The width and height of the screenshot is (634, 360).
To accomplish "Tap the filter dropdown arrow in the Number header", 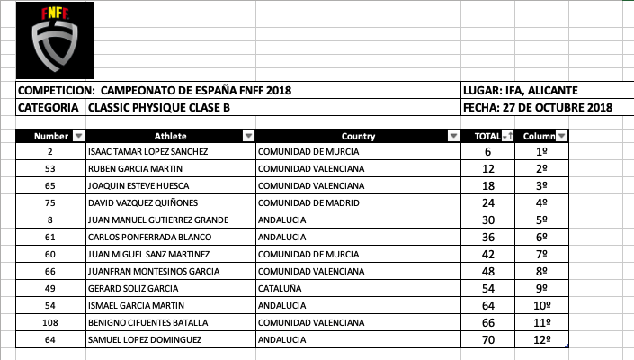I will (77, 136).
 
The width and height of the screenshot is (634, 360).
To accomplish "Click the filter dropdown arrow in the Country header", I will (452, 136).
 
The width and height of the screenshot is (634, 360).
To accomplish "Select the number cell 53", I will (50, 169).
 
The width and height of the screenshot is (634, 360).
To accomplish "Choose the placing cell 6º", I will (542, 237).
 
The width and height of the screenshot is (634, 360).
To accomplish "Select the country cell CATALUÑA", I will (281, 289).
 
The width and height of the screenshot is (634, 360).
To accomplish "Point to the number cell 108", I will (50, 322).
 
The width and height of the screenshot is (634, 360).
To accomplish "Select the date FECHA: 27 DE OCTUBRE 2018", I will (537, 108).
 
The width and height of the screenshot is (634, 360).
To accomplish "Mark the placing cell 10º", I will (542, 306).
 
